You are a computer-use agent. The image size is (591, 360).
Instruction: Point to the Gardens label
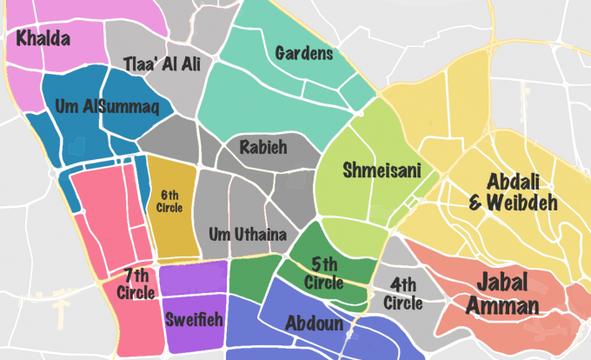pos(304,54)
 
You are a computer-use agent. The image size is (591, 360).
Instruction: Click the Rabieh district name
pos(264,148)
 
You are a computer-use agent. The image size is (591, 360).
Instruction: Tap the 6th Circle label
pos(169,201)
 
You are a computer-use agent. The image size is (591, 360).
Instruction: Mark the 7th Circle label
pos(135,283)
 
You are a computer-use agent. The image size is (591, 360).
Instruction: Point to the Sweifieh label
pos(194,319)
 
